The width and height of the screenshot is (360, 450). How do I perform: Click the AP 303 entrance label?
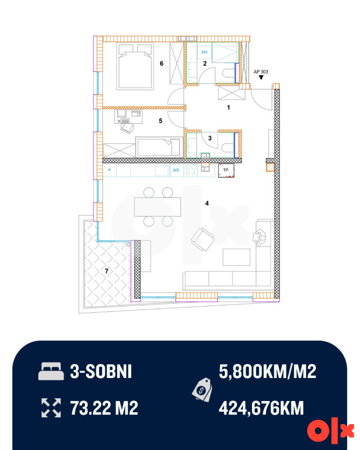260,72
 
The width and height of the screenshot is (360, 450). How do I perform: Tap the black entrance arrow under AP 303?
261,78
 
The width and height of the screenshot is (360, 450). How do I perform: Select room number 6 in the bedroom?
161,64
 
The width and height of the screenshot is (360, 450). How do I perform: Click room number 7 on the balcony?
106,271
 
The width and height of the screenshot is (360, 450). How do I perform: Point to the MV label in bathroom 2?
204,52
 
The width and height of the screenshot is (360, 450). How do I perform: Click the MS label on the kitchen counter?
176,170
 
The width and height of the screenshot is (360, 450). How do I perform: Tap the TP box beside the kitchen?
226,170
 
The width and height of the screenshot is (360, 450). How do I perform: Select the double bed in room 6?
134,66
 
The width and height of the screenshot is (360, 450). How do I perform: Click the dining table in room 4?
157,206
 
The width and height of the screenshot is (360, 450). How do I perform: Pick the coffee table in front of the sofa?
237,257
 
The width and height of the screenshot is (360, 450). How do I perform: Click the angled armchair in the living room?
202,240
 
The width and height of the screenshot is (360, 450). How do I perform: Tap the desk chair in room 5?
127,128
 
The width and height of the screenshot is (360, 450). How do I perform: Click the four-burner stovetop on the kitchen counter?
191,170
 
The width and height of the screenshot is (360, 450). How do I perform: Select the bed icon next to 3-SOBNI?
51,371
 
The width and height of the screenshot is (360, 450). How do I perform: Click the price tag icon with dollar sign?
202,389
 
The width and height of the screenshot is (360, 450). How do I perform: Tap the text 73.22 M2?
104,408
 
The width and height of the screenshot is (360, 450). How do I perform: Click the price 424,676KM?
261,408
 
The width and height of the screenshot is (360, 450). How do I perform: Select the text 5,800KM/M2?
268,371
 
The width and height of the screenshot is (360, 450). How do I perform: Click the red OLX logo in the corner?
330,431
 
